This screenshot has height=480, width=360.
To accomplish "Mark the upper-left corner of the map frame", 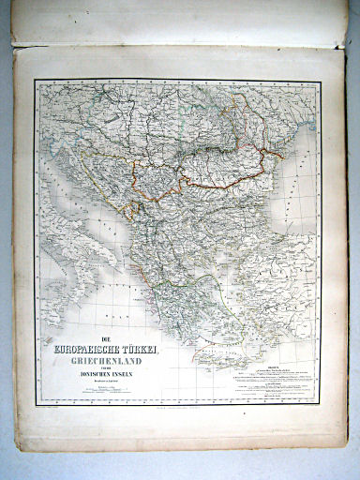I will click(36, 81).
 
